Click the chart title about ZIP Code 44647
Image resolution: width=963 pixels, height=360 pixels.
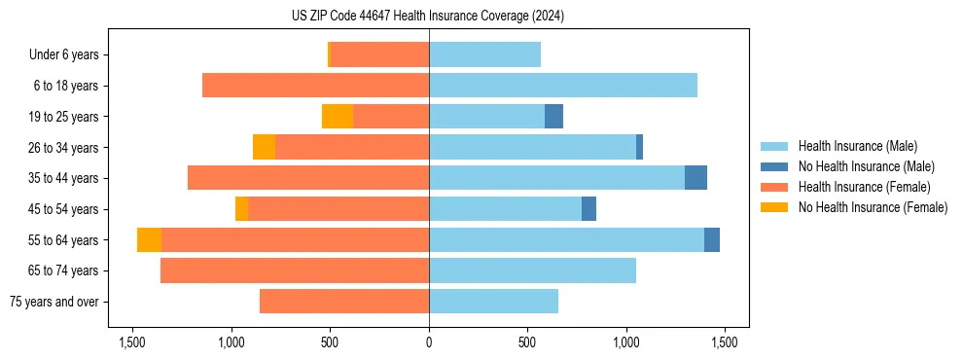click(x=428, y=17)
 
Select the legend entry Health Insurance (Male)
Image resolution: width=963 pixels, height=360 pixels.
click(x=856, y=146)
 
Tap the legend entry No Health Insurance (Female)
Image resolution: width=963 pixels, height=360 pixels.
click(x=873, y=207)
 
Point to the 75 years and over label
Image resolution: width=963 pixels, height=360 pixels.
click(x=56, y=302)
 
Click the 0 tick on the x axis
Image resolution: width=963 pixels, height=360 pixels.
click(x=429, y=342)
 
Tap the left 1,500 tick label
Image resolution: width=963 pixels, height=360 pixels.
click(x=132, y=342)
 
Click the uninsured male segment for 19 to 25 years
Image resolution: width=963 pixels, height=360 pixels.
click(x=553, y=117)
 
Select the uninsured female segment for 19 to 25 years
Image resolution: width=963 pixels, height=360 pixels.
click(x=338, y=117)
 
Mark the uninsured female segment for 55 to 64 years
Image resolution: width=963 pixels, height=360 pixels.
click(x=149, y=240)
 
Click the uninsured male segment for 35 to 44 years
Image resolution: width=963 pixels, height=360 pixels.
click(x=695, y=178)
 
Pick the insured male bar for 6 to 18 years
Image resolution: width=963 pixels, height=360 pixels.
click(x=563, y=86)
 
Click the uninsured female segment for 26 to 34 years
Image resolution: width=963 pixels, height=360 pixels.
click(x=264, y=147)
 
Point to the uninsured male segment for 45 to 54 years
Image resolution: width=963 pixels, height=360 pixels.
click(x=588, y=209)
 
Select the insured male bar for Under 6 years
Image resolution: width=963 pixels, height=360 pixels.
click(x=484, y=54)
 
